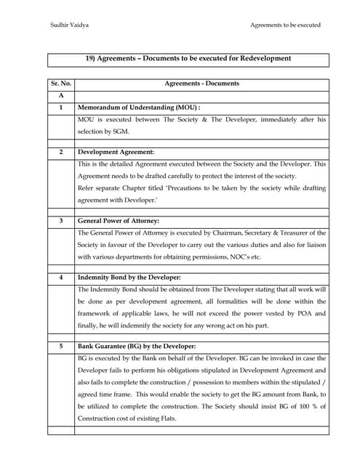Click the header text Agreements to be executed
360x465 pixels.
tap(285, 25)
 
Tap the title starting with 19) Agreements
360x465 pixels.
tap(188, 58)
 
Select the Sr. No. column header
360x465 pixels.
tap(62, 84)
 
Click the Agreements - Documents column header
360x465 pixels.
tap(202, 84)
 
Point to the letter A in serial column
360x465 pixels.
tap(62, 96)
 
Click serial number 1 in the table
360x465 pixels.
tap(62, 108)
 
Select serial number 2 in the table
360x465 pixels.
tap(62, 152)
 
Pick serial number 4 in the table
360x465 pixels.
tap(62, 277)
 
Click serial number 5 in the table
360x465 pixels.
tap(62, 346)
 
